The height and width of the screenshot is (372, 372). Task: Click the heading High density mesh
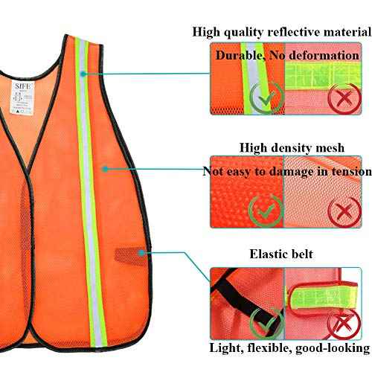click(x=291, y=147)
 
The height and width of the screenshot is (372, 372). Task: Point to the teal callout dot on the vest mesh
click(x=106, y=169)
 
